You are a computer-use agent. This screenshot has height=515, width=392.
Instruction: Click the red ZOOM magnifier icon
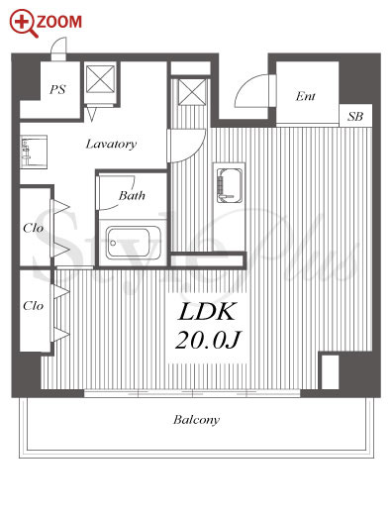[24, 23]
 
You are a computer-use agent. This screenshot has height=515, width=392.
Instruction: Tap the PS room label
[58, 89]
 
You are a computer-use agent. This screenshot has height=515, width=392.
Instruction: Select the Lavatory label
[111, 144]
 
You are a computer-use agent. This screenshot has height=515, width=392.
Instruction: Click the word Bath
[132, 195]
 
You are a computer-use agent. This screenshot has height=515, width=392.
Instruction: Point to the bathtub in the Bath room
[133, 243]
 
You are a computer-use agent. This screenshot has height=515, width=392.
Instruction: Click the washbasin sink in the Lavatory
[34, 152]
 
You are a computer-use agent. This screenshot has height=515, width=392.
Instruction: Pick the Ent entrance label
[305, 96]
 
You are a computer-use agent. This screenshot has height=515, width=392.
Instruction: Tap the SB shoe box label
[355, 116]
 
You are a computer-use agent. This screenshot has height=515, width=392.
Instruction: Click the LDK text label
[207, 311]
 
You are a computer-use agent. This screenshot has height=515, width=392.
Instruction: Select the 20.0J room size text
[208, 340]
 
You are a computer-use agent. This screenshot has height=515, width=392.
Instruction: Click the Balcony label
[196, 420]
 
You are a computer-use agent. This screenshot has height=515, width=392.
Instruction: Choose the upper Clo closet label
[34, 228]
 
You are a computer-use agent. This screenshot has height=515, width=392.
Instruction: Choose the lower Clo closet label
[34, 306]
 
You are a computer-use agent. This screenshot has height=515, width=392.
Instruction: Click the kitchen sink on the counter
[230, 185]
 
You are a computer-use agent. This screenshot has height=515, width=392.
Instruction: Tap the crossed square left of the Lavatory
[100, 79]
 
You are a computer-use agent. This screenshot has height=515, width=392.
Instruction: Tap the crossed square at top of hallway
[192, 92]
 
